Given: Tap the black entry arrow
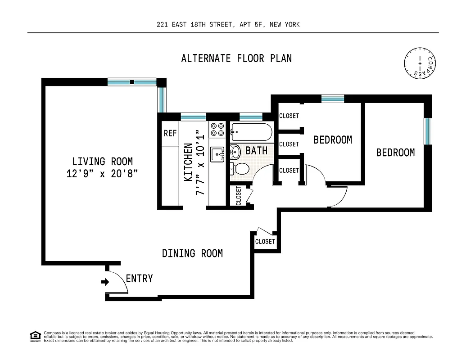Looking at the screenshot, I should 105,282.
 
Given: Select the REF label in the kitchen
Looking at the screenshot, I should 170,134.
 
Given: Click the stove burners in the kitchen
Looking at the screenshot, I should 217,130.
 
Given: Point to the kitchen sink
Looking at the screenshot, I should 217,154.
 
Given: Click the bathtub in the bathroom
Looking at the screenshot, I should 251,132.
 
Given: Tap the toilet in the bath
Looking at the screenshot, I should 240,169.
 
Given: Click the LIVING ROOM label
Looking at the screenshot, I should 103,161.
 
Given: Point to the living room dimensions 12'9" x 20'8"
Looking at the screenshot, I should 103,174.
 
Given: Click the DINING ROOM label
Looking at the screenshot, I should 192,253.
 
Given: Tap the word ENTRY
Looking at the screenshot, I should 139,279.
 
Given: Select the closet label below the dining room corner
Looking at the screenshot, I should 265,242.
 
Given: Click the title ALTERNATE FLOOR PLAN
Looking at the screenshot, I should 236,58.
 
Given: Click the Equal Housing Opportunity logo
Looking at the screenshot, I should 35,336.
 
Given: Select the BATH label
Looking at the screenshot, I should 257,150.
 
